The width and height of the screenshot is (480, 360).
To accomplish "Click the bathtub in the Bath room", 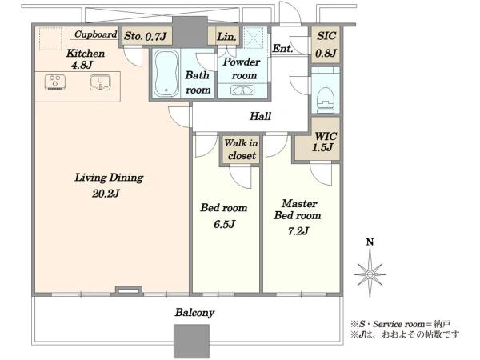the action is (x=166, y=73).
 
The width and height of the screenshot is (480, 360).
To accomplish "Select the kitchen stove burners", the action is (x=55, y=82).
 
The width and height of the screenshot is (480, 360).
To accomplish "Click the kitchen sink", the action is (x=100, y=82).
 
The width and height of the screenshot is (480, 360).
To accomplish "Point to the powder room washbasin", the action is (x=242, y=90).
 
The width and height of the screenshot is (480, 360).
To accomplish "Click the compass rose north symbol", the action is (x=370, y=269).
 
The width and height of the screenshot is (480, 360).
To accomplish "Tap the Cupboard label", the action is (x=95, y=34).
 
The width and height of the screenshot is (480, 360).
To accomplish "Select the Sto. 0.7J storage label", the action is (x=145, y=37).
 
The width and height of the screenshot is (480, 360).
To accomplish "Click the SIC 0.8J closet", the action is (x=326, y=45).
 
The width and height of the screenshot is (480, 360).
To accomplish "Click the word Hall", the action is (x=260, y=116).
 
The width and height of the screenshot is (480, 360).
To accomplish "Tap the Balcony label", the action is (x=194, y=313).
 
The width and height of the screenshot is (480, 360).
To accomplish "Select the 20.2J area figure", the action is (x=106, y=194).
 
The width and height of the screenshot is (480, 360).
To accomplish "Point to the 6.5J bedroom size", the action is (x=224, y=224).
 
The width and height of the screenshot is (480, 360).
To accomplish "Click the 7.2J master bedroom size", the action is (x=298, y=231).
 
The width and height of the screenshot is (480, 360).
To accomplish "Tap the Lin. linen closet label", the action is (x=227, y=37).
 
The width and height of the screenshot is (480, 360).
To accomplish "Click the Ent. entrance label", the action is (x=282, y=48).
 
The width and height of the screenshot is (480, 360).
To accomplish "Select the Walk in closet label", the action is (x=241, y=150).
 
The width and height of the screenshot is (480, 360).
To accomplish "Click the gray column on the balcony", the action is (x=192, y=342).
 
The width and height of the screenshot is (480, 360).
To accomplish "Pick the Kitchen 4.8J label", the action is (x=86, y=58).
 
